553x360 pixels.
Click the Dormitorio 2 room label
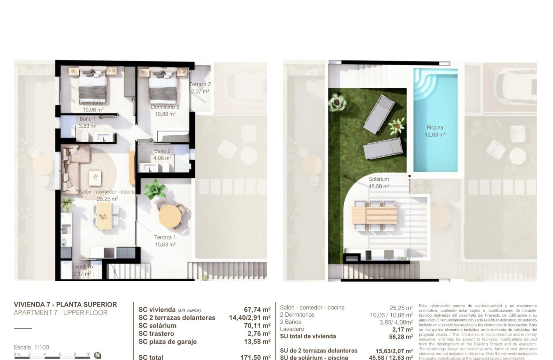pos(165,107)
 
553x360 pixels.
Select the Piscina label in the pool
pos(435,128)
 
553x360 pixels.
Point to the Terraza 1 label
pos(165,237)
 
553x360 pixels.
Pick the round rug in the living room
pos(96,171)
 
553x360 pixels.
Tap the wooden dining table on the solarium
pos(375,215)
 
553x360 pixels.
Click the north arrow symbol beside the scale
pos(97,355)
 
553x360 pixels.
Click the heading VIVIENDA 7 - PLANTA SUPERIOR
pos(65,305)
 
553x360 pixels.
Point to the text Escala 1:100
pos(31,347)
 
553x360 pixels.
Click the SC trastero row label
pos(156,333)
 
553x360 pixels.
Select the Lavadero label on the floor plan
pos(82,267)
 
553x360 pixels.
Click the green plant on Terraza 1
pos(155,189)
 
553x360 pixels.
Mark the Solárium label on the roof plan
pos(379,179)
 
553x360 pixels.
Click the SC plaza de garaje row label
pos(167,342)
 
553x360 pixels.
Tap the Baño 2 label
pos(162,151)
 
